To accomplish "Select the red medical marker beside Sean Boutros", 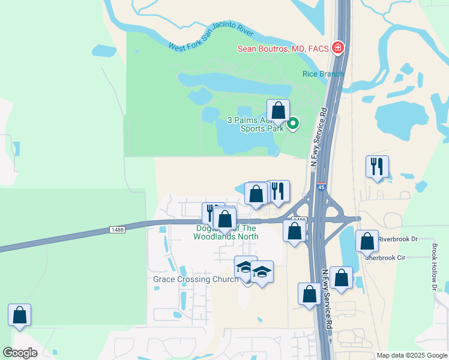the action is [x=338, y=47].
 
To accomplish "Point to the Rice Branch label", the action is [x=323, y=74].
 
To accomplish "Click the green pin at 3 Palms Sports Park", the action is [x=293, y=124].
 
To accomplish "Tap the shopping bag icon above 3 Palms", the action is [x=278, y=111].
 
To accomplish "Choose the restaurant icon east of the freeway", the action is [x=377, y=167].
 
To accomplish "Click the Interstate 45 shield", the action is [x=321, y=188].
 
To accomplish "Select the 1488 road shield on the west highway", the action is [x=118, y=229].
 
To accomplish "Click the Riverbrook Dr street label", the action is [x=397, y=239].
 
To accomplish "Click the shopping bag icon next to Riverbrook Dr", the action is [x=367, y=241].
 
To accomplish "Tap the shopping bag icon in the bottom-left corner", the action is [x=20, y=315].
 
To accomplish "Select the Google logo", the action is [x=20, y=353].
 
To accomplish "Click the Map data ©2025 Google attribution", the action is [x=412, y=355].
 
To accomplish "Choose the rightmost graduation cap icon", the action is [x=262, y=272].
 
